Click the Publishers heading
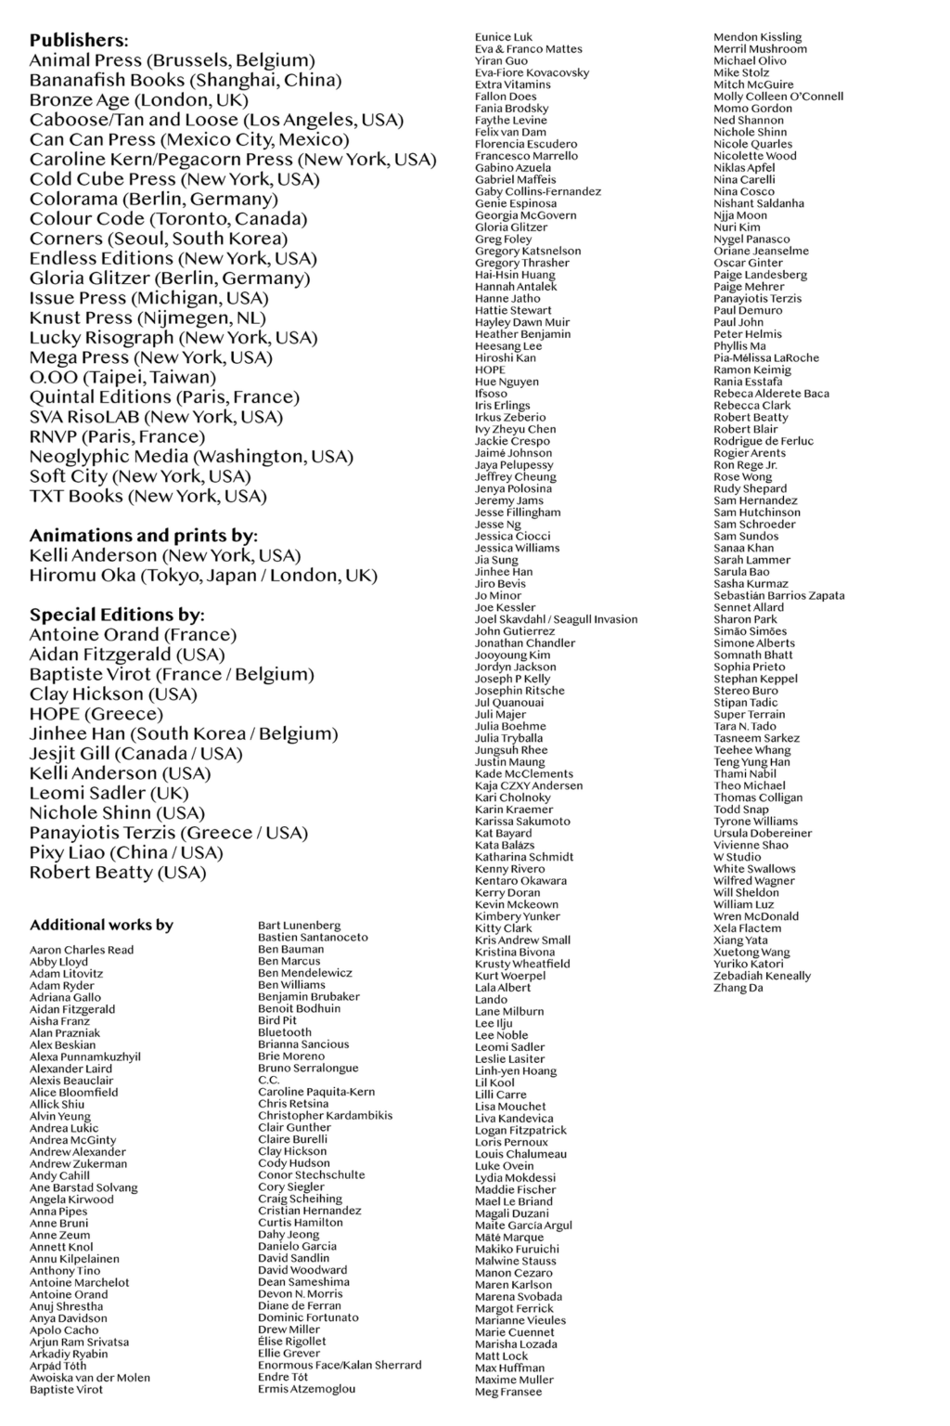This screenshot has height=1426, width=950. [79, 41]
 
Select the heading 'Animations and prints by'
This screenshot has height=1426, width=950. [143, 536]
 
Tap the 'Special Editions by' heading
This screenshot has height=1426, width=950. [117, 615]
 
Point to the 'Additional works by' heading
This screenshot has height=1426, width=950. [101, 925]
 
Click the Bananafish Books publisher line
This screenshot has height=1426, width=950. [185, 81]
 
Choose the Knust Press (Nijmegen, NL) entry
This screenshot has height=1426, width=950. [148, 318]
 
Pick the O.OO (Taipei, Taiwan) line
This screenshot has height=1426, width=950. [122, 378]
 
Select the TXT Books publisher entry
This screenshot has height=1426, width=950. [148, 497]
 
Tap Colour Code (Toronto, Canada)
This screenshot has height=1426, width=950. [168, 219]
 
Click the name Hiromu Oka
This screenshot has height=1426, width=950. [203, 576]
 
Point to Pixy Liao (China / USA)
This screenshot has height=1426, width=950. [125, 853]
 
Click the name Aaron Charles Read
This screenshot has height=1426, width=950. [82, 950]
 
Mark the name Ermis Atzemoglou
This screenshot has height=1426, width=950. [306, 1389]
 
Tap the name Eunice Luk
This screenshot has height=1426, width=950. [504, 37]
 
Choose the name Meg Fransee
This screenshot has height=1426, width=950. [508, 1392]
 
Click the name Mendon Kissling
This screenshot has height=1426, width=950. [757, 37]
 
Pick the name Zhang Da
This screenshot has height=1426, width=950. [738, 988]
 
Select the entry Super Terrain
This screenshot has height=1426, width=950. [749, 715]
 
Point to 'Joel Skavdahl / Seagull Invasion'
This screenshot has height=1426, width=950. [556, 619]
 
